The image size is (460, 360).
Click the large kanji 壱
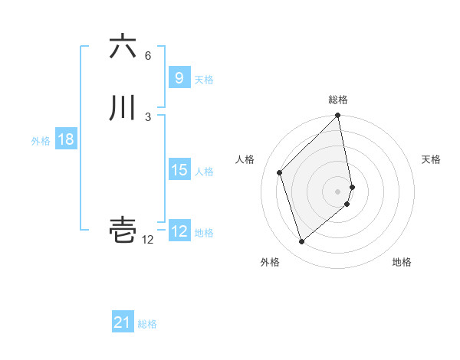[123, 230]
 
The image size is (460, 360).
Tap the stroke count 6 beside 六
[148, 56]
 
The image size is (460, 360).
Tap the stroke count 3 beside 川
[148, 116]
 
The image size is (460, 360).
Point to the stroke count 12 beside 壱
[148, 240]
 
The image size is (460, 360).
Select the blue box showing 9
[179, 77]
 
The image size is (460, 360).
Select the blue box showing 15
[179, 170]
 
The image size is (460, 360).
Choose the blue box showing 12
[179, 231]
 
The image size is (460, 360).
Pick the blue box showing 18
[65, 139]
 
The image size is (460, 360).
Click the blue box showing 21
[122, 322]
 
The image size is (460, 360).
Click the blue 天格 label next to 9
[204, 79]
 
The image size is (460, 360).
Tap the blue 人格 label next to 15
[204, 172]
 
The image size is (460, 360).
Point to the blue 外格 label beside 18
[41, 141]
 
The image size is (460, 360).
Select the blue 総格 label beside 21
[147, 324]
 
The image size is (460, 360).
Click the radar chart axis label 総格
[338, 100]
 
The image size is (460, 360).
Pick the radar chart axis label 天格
[431, 159]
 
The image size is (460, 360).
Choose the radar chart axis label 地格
[402, 263]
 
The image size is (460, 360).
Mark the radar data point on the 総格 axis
[338, 116]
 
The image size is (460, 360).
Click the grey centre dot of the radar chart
[338, 191]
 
